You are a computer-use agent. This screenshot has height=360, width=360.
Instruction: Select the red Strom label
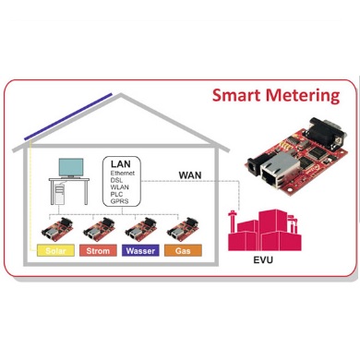point(97,250)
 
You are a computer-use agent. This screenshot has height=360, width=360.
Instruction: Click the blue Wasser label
point(139,250)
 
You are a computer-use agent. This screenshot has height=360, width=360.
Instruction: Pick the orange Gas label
point(182,250)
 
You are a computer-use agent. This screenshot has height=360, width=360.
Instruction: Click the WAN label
point(188,174)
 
